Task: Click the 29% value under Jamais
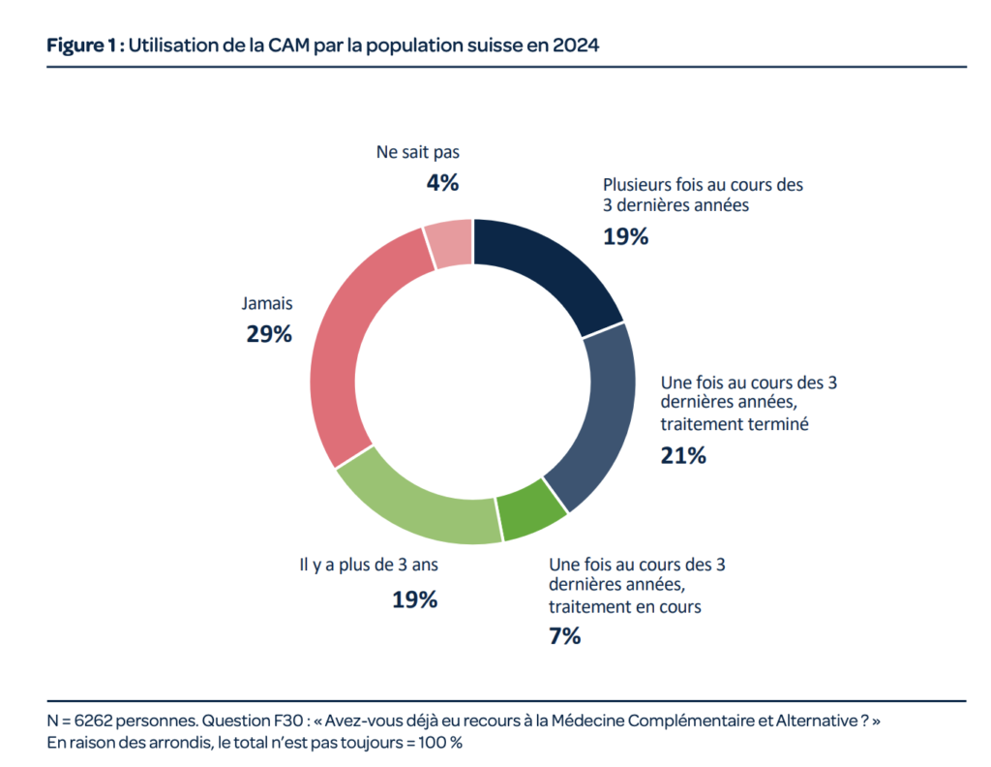[269, 334]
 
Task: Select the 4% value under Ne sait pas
[442, 183]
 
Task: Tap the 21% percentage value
[683, 455]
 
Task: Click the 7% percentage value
[564, 635]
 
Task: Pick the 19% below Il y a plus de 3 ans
[414, 599]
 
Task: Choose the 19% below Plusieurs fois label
[626, 236]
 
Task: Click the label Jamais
[267, 303]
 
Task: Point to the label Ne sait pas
[418, 152]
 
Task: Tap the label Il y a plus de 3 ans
[369, 565]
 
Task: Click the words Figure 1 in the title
[81, 46]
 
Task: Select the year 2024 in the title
[575, 46]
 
